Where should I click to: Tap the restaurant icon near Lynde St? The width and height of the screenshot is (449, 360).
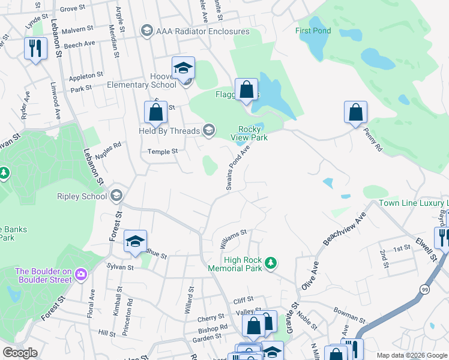pyautogui.click(x=35, y=49)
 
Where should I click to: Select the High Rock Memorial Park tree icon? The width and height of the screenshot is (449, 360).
pyautogui.click(x=271, y=262)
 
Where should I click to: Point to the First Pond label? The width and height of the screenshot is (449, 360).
pyautogui.click(x=313, y=31)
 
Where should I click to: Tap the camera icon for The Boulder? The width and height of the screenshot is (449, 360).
pyautogui.click(x=81, y=275)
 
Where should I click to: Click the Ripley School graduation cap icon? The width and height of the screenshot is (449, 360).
pyautogui.click(x=116, y=196)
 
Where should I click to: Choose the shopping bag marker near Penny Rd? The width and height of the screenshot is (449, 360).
pyautogui.click(x=355, y=112)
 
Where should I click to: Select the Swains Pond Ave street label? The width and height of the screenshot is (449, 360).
pyautogui.click(x=237, y=170)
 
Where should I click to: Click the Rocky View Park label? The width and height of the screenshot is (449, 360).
pyautogui.click(x=249, y=133)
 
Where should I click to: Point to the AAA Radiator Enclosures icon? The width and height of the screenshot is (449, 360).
pyautogui.click(x=146, y=31)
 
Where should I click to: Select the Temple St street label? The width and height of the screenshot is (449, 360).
pyautogui.click(x=163, y=152)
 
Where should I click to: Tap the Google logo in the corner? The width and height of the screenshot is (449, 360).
pyautogui.click(x=20, y=353)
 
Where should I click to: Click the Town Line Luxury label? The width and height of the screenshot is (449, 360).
pyautogui.click(x=413, y=203)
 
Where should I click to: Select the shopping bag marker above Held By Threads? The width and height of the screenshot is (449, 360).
pyautogui.click(x=155, y=112)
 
